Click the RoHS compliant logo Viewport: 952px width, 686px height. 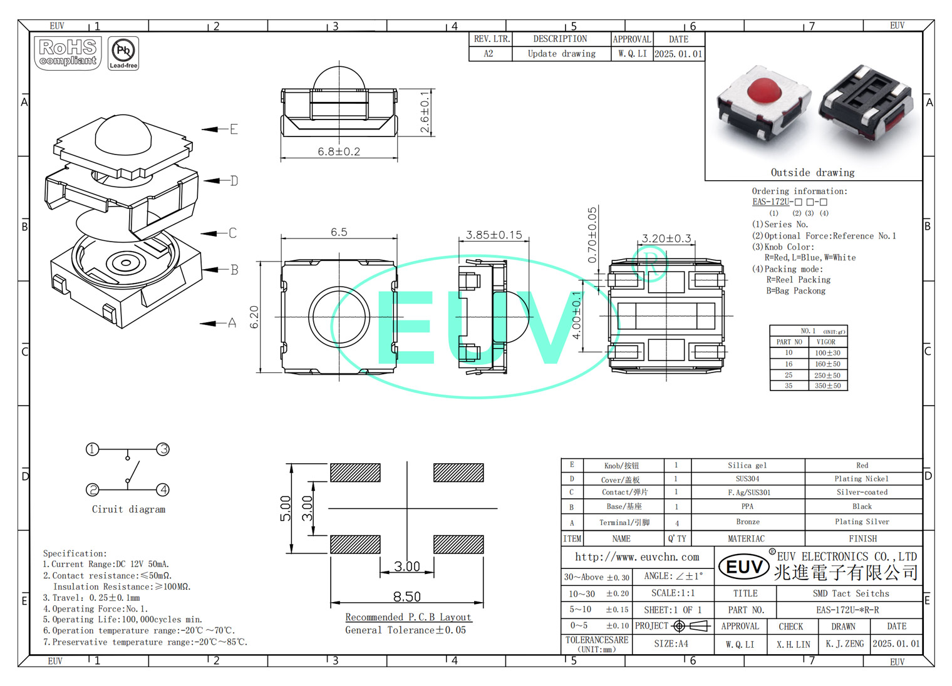[68, 53]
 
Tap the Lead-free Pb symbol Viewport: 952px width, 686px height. [123, 53]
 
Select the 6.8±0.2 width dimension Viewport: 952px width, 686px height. [339, 151]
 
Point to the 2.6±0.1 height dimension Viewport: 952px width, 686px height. [425, 112]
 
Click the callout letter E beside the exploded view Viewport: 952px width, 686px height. [234, 129]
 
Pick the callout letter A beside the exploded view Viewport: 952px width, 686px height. [232, 323]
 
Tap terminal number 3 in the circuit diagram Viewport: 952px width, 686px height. [163, 449]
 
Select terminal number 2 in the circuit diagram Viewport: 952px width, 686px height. [92, 489]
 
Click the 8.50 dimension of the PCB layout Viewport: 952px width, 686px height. [406, 596]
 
